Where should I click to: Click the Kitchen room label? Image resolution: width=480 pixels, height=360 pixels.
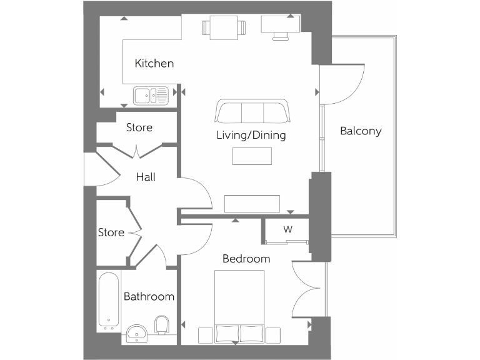(154, 64)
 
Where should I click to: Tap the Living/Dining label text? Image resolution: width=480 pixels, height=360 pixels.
(251, 135)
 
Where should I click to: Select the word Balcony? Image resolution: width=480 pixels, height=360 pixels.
(360, 131)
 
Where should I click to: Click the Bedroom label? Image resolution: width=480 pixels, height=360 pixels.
(246, 259)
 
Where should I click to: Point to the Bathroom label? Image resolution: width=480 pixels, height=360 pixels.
(149, 296)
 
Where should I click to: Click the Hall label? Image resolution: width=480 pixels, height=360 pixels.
(146, 177)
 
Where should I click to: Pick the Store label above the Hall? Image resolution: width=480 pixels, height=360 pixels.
(139, 127)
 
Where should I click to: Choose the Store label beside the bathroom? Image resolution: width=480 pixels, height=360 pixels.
(111, 232)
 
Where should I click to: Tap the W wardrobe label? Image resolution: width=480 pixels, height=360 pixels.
(287, 229)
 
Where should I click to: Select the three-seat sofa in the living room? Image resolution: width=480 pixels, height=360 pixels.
(252, 111)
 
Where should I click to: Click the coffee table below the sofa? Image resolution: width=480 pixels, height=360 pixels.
(252, 156)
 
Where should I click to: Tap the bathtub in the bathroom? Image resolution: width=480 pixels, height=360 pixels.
(109, 301)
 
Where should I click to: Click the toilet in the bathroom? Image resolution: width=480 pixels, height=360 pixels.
(162, 324)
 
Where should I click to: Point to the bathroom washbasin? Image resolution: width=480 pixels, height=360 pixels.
(136, 334)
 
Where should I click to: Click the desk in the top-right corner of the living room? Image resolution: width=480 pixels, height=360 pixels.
(280, 25)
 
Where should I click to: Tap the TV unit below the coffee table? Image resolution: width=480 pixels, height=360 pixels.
(251, 204)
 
